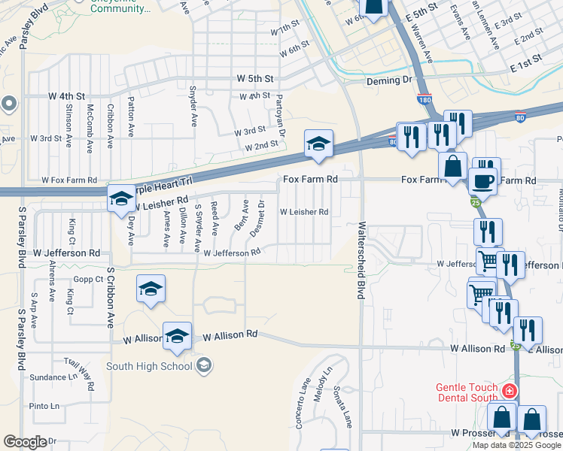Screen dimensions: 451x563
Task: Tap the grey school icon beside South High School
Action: pos(202,366)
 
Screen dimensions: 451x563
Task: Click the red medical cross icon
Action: pos(510,391)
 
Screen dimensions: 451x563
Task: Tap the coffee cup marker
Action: pos(482,180)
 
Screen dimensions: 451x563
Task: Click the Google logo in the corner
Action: pos(25,442)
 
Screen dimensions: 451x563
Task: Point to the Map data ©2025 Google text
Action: pos(516,445)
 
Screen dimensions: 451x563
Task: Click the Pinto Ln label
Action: pos(44,406)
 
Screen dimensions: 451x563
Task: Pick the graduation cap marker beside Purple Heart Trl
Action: pos(120,199)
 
